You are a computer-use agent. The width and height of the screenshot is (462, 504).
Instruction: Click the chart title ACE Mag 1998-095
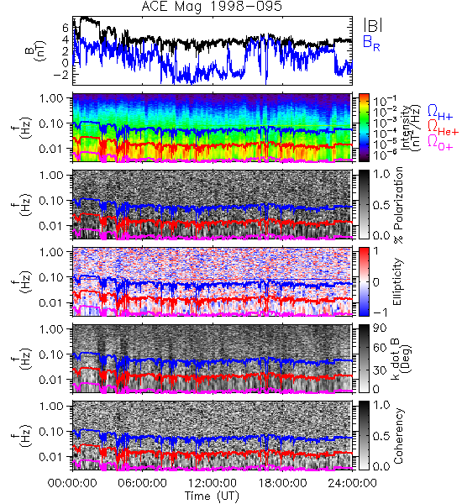point(212,7)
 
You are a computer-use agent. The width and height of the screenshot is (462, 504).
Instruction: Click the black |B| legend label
point(373,25)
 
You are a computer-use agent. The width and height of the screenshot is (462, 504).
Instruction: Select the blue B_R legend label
point(371,43)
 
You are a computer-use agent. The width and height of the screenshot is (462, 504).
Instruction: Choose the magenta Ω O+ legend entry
point(440,143)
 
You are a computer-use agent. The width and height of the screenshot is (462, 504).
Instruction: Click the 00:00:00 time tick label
point(72,483)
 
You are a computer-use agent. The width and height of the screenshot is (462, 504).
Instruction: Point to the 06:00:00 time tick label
point(143,483)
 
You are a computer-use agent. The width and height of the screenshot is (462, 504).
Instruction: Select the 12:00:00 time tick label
point(213,483)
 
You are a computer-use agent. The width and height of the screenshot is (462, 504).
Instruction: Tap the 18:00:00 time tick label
point(282,483)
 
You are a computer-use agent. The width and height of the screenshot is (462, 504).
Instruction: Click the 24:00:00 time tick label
point(352,483)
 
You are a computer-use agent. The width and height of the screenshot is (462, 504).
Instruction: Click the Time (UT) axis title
point(213,496)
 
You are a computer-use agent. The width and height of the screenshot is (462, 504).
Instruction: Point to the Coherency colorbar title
point(398,436)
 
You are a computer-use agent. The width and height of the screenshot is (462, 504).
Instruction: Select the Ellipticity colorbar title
point(397,282)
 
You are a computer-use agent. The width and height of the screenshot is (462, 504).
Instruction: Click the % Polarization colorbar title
point(398,205)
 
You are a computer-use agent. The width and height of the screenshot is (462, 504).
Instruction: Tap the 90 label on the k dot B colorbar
point(380,328)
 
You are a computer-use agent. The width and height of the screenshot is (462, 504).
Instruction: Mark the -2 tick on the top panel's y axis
point(62,75)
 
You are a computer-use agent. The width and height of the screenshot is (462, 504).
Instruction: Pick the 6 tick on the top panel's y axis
point(66,28)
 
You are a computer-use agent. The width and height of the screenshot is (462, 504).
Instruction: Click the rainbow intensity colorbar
point(364,128)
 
